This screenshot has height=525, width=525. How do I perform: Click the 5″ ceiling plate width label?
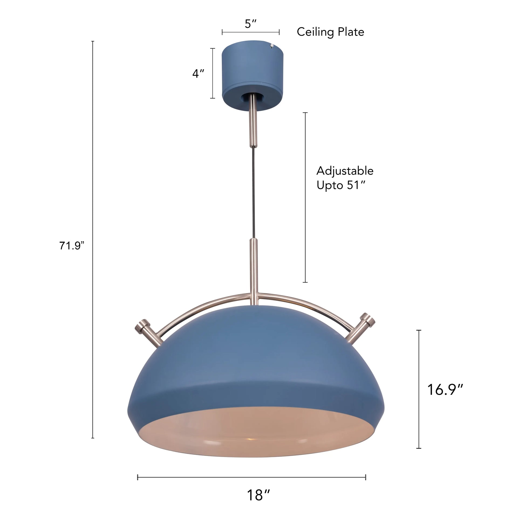tap(250, 24)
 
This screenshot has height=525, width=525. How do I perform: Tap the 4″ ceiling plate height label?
tap(198, 73)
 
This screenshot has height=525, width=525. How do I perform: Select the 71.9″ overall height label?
tap(72, 246)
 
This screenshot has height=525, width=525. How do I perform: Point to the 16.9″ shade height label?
tap(445, 390)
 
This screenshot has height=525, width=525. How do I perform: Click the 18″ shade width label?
tap(258, 495)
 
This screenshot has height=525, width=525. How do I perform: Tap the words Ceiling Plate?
tap(330, 32)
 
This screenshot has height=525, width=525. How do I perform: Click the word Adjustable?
tap(345, 171)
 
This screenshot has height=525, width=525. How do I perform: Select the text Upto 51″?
tap(341, 186)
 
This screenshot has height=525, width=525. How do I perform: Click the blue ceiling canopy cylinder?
tap(253, 68)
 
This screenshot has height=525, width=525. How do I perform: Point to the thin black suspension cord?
tap(253, 193)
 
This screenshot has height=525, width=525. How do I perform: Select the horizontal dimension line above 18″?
tap(251, 477)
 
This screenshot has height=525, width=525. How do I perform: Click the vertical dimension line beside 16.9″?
tap(419, 389)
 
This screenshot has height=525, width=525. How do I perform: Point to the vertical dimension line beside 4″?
tap(213, 73)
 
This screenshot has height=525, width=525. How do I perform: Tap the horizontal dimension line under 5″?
tap(250, 32)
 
